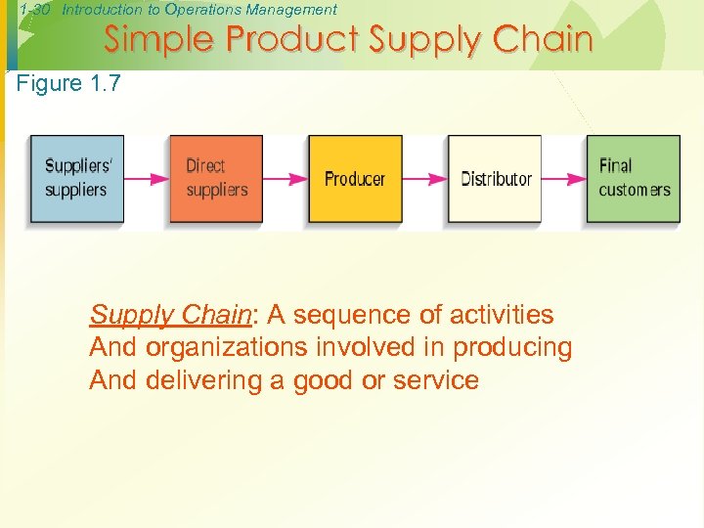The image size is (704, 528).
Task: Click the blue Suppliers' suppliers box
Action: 77,179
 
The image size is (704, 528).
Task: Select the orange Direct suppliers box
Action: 216,179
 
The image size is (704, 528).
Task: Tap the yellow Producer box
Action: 355,179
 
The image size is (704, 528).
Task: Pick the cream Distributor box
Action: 495,179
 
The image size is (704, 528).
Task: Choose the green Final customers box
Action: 633,179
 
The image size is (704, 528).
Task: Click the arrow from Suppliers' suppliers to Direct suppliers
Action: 147,179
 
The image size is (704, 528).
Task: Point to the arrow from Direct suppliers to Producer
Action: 286,179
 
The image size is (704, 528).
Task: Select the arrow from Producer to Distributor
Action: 424,179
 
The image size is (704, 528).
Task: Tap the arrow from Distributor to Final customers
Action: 563,179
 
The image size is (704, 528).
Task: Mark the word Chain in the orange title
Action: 543,40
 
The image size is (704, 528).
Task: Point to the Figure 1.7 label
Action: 69,84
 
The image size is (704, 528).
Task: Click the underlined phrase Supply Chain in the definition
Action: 170,315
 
